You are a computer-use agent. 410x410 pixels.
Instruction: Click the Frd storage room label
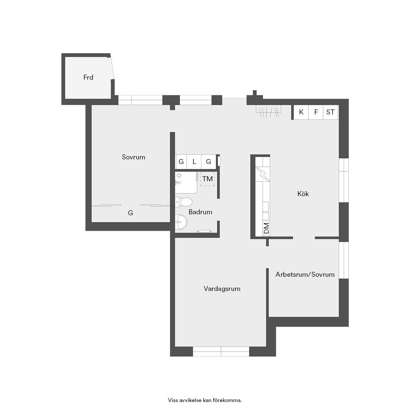coord(88,77)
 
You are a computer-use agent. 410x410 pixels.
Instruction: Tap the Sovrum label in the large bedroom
coord(133,157)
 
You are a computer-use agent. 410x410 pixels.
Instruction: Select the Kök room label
coord(303,194)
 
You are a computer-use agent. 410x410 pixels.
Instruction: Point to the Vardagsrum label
coord(222,289)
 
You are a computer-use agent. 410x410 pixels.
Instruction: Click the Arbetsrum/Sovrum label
coord(305,274)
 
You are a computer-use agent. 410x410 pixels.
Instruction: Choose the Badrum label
coord(200,212)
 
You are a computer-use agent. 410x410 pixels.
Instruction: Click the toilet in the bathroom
coord(184,202)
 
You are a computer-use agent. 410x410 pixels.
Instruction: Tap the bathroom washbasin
coord(181,222)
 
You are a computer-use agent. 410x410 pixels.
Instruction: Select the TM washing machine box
coord(207,179)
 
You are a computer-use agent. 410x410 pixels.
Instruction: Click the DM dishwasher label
coord(266,228)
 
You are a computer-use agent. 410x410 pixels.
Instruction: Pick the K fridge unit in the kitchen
coord(301,112)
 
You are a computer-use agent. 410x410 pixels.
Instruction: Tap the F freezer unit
coord(316,112)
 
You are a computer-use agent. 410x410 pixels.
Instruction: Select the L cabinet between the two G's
coord(194,162)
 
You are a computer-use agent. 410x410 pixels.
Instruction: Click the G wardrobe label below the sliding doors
coord(130,213)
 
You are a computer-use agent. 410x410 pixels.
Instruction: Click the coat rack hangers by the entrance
coord(269,112)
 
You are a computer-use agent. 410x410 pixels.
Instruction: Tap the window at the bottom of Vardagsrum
coord(221,351)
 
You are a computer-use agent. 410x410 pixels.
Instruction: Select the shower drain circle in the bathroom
coord(179,176)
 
